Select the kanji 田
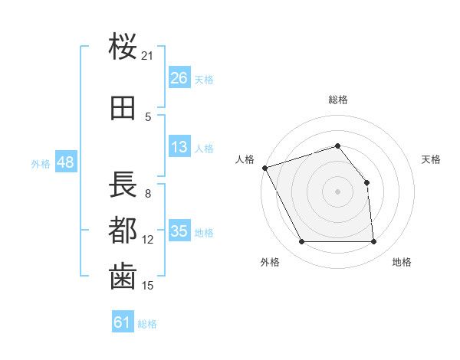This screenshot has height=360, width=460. pos(123,108)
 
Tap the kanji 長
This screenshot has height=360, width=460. pos(123,185)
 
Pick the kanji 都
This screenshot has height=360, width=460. pos(123,231)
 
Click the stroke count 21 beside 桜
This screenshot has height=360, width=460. pos(148,56)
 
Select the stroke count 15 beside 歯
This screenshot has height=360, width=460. pos(148,286)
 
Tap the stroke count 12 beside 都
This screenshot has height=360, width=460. pos(148,240)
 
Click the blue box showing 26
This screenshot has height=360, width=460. pos(179,78)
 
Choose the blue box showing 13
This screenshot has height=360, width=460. pos(179,147)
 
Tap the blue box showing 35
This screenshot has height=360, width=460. pos(179,231)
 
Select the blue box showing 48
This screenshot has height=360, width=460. pos(65,162)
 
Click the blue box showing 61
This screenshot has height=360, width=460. pos(123,322)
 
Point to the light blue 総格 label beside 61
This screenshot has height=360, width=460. pos(147,324)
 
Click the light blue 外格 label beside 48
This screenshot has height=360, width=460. pos(41,164)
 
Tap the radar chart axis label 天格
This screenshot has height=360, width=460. pos(432,159)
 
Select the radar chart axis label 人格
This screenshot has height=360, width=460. pos(245,159)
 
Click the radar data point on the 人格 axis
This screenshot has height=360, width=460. pos(264,168)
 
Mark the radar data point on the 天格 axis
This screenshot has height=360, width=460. pos(366,182)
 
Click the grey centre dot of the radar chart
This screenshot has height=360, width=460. pos(337,191)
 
